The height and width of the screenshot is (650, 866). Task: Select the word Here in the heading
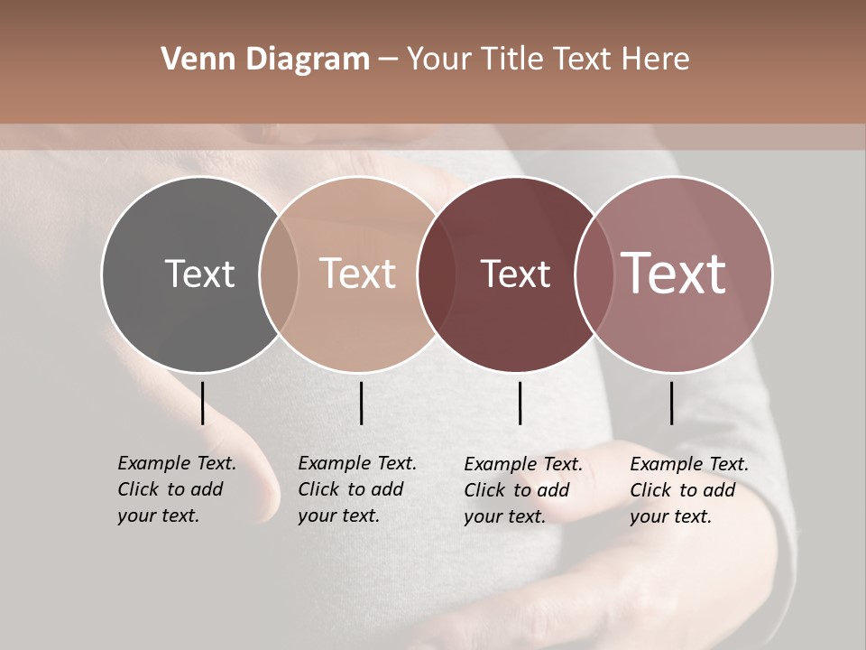pyautogui.click(x=656, y=60)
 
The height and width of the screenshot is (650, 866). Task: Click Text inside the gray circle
pyautogui.click(x=199, y=274)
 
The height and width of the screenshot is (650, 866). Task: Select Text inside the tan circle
pyautogui.click(x=357, y=274)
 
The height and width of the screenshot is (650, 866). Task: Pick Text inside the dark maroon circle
pyautogui.click(x=515, y=274)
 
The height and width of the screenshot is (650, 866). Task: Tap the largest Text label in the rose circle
pyautogui.click(x=674, y=274)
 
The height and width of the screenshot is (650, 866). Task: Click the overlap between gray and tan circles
pyautogui.click(x=279, y=274)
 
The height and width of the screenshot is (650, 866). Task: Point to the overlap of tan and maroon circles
pyautogui.click(x=436, y=274)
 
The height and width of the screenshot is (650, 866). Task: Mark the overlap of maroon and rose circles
pyautogui.click(x=593, y=274)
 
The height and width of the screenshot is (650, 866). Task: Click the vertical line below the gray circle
pyautogui.click(x=202, y=403)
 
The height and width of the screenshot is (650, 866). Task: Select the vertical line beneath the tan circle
pyautogui.click(x=361, y=403)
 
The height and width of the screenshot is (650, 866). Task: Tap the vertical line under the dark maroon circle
pyautogui.click(x=520, y=403)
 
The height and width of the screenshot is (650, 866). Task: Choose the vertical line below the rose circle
pyautogui.click(x=672, y=403)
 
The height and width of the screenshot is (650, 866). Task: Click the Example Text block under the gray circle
pyautogui.click(x=177, y=489)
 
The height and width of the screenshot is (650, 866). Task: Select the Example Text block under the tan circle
pyautogui.click(x=357, y=489)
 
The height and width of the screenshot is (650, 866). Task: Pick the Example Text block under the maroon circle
pyautogui.click(x=523, y=490)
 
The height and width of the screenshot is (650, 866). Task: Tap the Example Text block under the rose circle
pyautogui.click(x=689, y=490)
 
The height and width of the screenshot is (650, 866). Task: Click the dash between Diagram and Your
pyautogui.click(x=388, y=60)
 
